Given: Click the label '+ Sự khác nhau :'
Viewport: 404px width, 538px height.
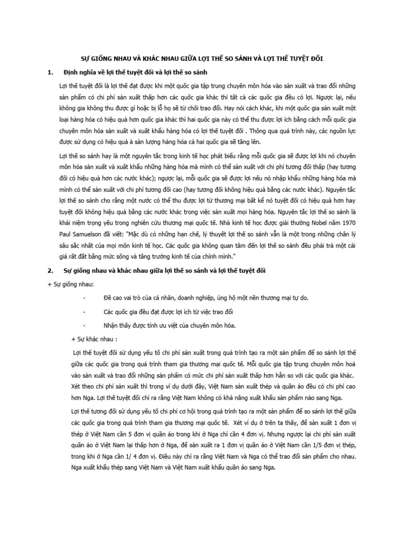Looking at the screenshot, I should [x=93, y=338].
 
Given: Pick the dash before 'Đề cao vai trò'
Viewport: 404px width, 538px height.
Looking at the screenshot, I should [x=85, y=298].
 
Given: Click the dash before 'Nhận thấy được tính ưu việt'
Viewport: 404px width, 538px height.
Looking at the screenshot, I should [x=85, y=325].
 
